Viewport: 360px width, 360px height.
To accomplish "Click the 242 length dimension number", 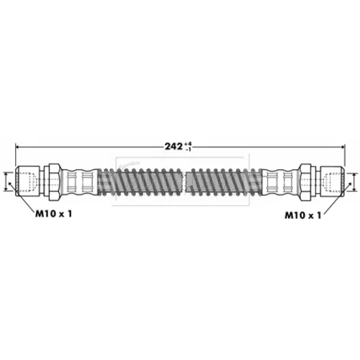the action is (x=174, y=146).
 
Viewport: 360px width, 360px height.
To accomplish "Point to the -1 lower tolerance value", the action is (x=189, y=149).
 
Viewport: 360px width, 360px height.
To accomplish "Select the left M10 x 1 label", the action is (x=53, y=214).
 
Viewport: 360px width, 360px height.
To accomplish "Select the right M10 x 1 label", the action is (x=302, y=215).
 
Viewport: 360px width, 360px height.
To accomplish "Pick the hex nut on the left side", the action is (x=54, y=181).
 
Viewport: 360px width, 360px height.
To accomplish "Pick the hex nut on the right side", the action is (x=306, y=181).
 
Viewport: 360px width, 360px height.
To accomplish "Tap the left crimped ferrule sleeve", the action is (x=80, y=181).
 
